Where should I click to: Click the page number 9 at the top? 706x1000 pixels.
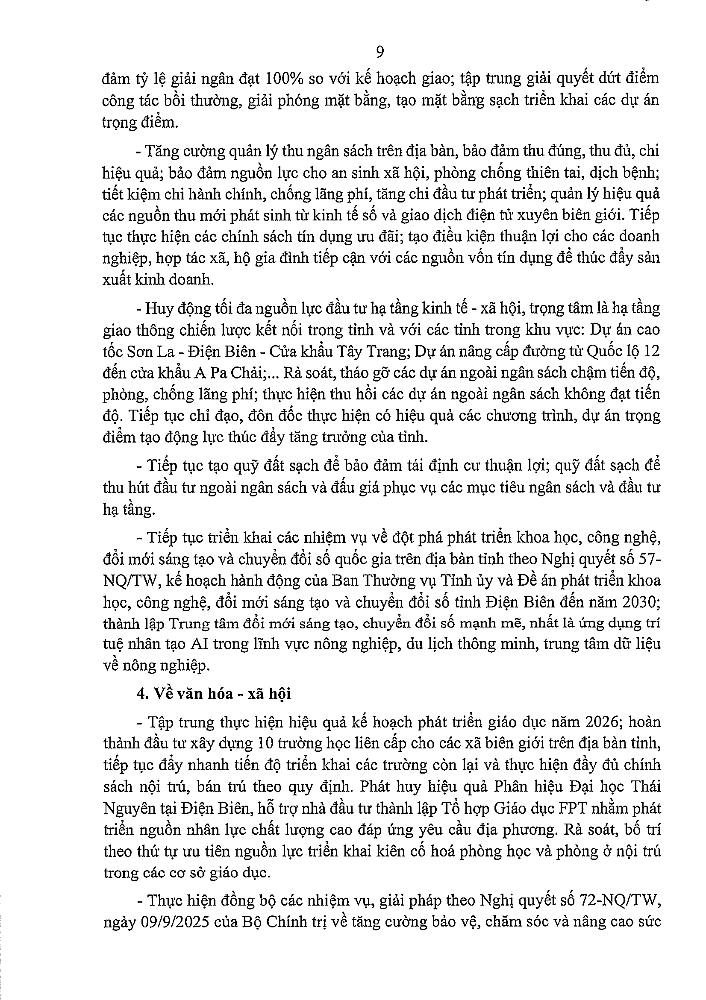pos(379,52)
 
